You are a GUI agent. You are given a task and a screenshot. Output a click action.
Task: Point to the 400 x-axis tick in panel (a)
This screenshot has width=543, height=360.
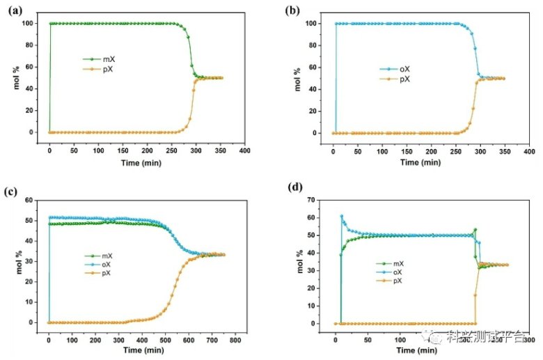[244, 150]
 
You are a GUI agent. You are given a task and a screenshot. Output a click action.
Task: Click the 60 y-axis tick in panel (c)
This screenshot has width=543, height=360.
[30, 201]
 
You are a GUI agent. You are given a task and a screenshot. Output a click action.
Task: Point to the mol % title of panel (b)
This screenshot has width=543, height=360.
[297, 77]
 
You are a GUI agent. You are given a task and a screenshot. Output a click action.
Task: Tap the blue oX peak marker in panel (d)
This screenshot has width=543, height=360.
[341, 217]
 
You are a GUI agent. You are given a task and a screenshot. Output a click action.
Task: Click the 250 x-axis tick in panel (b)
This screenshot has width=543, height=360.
[455, 150]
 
